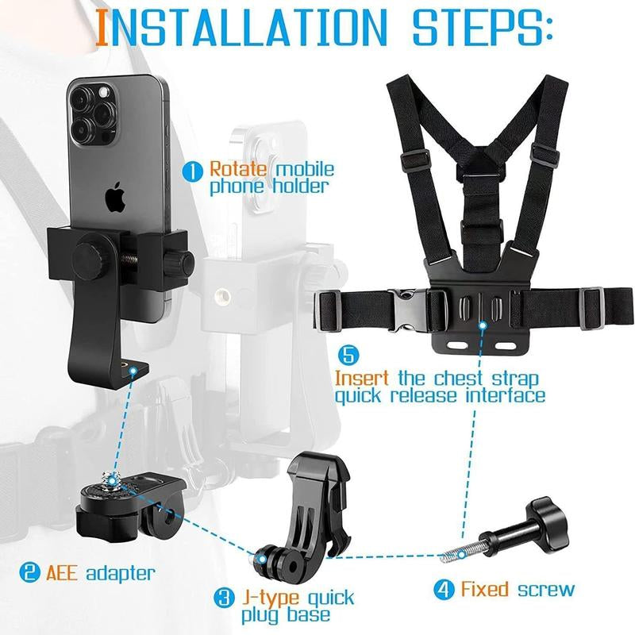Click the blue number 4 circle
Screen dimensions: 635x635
(443, 589)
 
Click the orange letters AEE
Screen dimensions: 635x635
(61, 571)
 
